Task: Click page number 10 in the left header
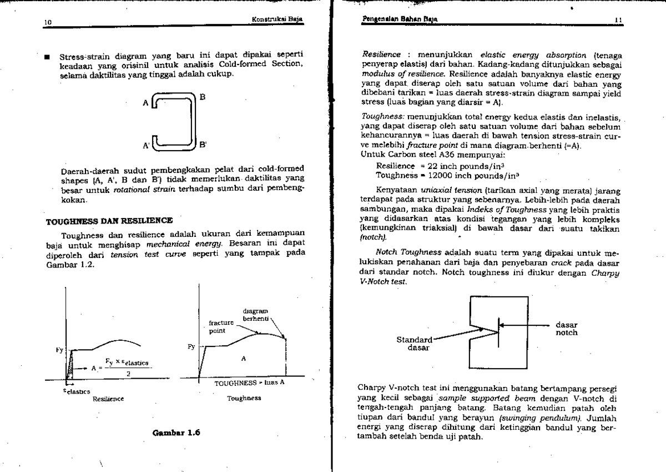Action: [47, 23]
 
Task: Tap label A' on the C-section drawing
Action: [146, 146]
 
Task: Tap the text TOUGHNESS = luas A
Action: [241, 384]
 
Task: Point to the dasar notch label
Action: [566, 329]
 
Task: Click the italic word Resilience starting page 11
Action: [381, 55]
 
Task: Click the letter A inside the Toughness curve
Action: [243, 359]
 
